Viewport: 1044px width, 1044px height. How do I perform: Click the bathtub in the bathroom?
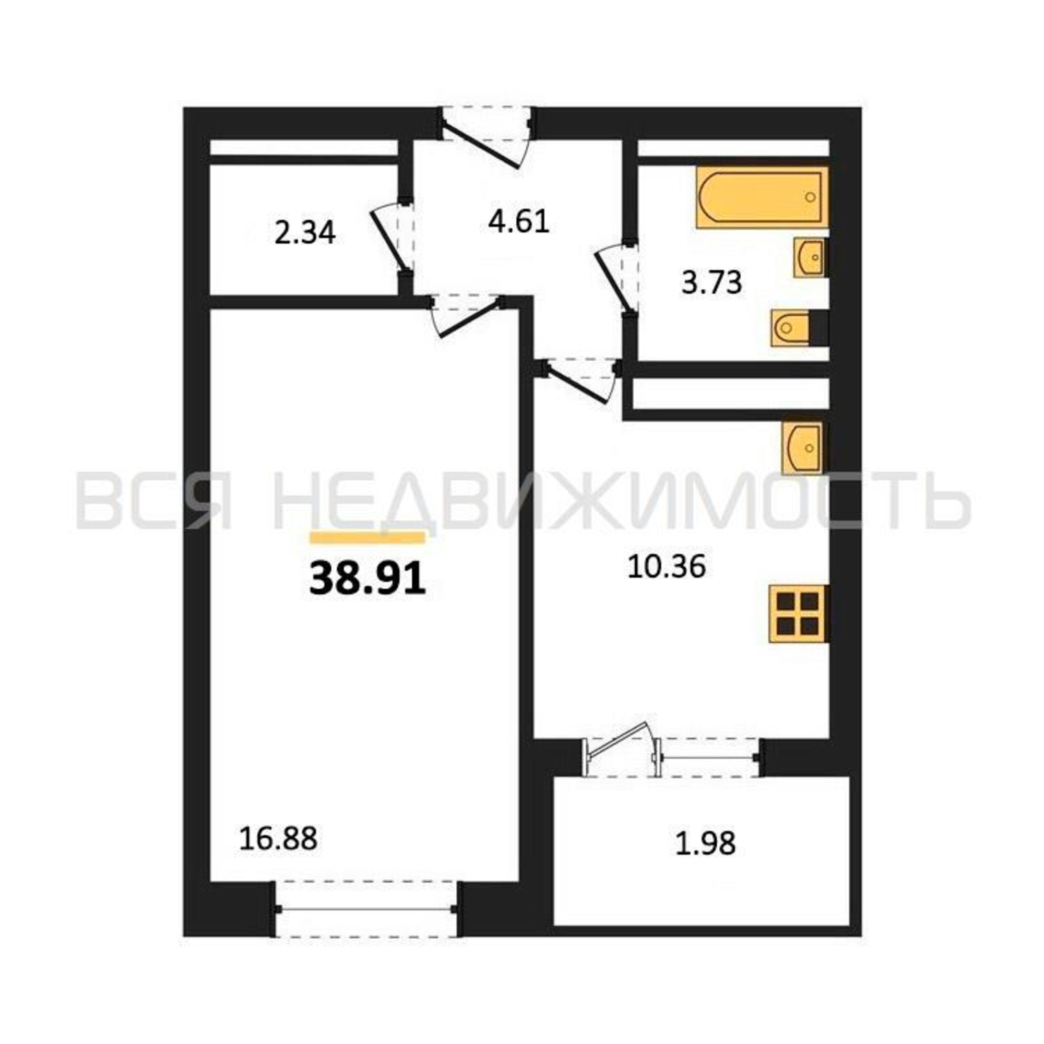[762, 197]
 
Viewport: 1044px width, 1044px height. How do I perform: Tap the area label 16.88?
[278, 855]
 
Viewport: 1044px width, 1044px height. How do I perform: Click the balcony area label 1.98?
[706, 859]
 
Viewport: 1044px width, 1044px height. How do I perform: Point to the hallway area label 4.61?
[519, 221]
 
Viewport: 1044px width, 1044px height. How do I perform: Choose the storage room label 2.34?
[305, 233]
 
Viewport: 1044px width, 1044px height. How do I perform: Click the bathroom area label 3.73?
[711, 282]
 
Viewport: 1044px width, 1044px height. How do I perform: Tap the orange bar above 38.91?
[367, 537]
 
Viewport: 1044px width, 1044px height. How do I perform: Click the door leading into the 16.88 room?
[467, 316]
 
